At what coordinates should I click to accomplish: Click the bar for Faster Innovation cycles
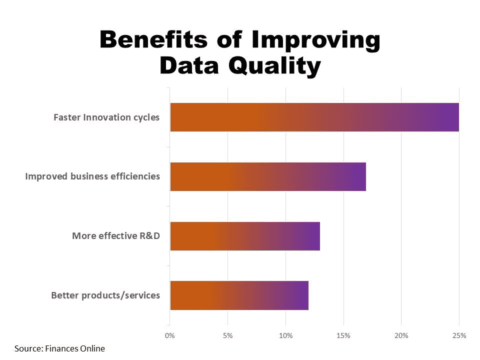click(314, 117)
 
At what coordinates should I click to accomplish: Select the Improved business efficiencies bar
click(267, 176)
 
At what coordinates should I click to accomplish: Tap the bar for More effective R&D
click(244, 236)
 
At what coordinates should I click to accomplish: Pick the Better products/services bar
click(239, 295)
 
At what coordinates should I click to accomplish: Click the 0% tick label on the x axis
click(170, 335)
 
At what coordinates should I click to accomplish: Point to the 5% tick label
click(227, 335)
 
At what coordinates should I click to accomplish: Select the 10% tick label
click(285, 335)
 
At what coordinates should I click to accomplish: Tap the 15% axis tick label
click(343, 335)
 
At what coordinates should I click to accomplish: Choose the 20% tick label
click(401, 335)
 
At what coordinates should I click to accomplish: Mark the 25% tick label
click(459, 335)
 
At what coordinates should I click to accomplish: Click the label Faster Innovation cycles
click(106, 117)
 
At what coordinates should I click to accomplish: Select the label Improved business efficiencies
click(92, 176)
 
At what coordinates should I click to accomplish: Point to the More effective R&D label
click(116, 235)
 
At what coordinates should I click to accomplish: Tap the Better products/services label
click(105, 295)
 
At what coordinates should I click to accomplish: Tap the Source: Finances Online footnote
click(60, 348)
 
